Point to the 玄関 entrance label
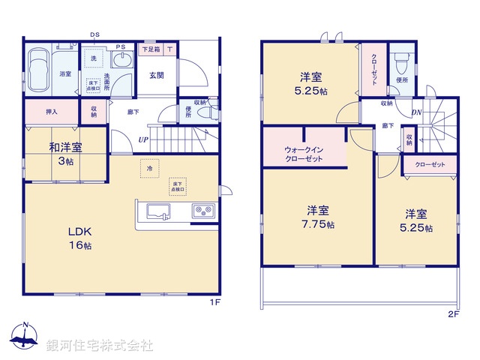(x=157, y=74)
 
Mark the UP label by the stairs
(x=142, y=139)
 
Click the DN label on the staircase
(x=416, y=112)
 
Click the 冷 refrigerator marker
(x=148, y=169)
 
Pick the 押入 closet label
(x=43, y=112)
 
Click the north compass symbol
(x=24, y=338)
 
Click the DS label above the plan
(x=95, y=34)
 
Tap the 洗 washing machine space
(x=94, y=58)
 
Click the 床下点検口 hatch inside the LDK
(x=178, y=186)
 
